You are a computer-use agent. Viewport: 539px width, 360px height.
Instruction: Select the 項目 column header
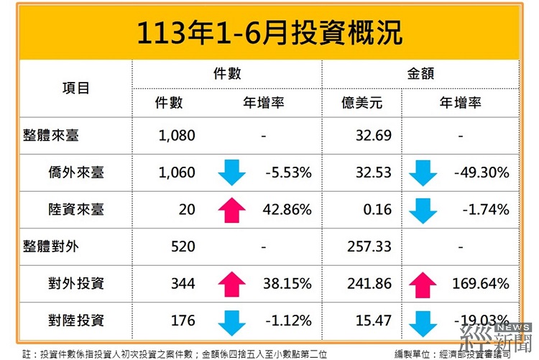point(75,88)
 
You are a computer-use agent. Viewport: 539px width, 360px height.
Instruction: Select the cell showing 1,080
point(175,134)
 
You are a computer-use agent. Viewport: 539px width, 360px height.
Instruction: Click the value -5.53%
point(287,172)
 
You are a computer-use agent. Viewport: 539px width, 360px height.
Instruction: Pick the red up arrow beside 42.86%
point(231,209)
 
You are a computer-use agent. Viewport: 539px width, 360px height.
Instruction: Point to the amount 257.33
point(369,246)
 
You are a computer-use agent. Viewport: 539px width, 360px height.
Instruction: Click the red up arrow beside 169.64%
point(422,284)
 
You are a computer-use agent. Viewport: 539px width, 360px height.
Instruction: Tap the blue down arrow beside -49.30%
point(422,172)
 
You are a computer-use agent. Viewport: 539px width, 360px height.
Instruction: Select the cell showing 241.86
point(369,284)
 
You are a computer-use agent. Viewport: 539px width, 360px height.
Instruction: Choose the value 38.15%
point(287,284)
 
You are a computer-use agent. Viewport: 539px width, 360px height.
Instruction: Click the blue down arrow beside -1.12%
point(231,320)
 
